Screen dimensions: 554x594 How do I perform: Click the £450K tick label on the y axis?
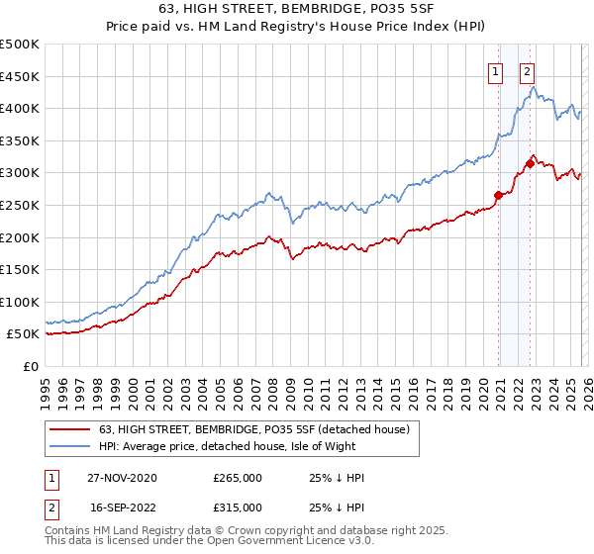[20, 76]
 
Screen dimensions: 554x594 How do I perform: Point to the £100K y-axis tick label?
[20, 302]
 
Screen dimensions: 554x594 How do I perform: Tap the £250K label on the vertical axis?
[20, 205]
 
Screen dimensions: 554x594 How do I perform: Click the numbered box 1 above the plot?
[494, 70]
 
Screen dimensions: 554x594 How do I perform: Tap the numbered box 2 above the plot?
[528, 70]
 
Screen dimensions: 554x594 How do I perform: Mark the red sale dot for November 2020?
[498, 195]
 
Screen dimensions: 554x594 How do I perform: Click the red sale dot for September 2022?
[530, 163]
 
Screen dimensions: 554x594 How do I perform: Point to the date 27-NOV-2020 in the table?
[123, 478]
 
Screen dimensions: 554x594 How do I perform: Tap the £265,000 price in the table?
[238, 478]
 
